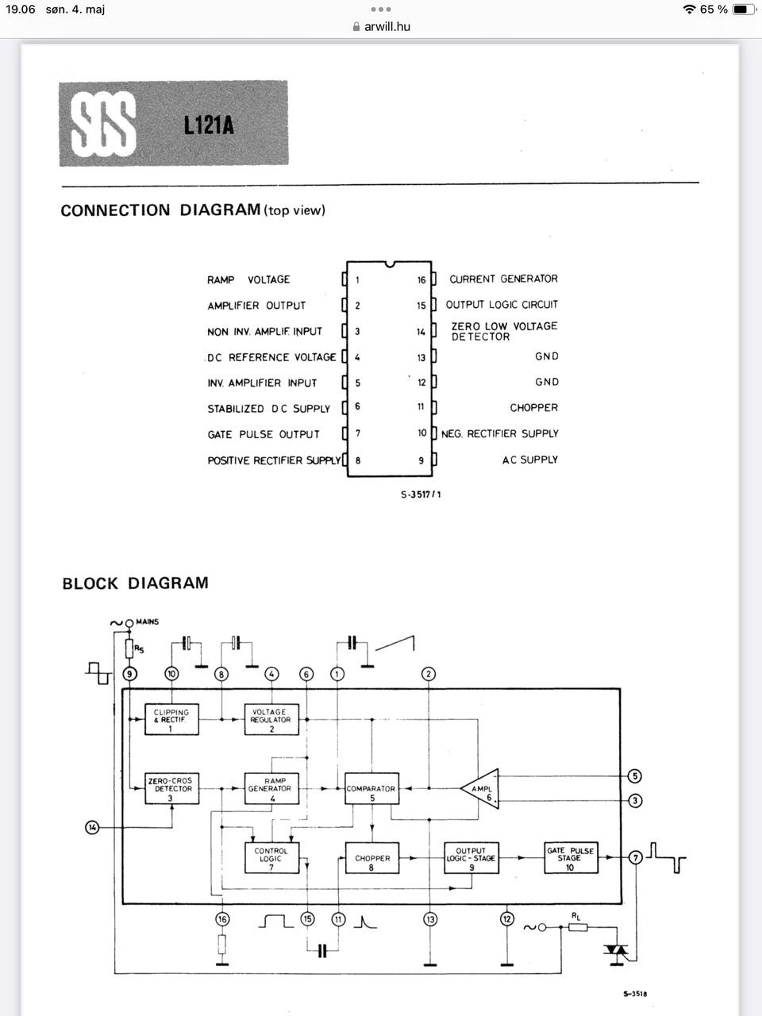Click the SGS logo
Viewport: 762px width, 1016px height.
coord(103,125)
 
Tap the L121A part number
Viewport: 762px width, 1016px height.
coord(209,125)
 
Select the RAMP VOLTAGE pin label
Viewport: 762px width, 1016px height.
coord(248,279)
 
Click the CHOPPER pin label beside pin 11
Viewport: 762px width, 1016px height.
coord(533,407)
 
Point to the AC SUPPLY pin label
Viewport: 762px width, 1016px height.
coord(529,460)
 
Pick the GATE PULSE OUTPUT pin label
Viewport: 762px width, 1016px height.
coord(264,434)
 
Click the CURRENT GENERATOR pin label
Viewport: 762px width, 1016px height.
coord(503,279)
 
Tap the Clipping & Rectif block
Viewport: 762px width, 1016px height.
coord(171,719)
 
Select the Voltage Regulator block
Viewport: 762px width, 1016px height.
coord(271,719)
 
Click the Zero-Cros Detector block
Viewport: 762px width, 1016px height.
coord(171,788)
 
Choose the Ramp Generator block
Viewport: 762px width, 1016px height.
coord(271,788)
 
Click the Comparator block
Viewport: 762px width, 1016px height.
coord(371,788)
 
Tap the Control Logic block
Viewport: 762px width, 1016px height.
coord(271,858)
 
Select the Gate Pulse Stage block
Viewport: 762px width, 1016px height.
coord(569,858)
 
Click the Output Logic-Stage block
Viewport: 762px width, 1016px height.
coord(471,858)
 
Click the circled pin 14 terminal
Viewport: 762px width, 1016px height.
coord(92,828)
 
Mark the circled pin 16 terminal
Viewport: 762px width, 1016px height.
coord(222,919)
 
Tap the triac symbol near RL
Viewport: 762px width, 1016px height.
coord(617,950)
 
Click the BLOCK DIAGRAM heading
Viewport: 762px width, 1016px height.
coord(135,583)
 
